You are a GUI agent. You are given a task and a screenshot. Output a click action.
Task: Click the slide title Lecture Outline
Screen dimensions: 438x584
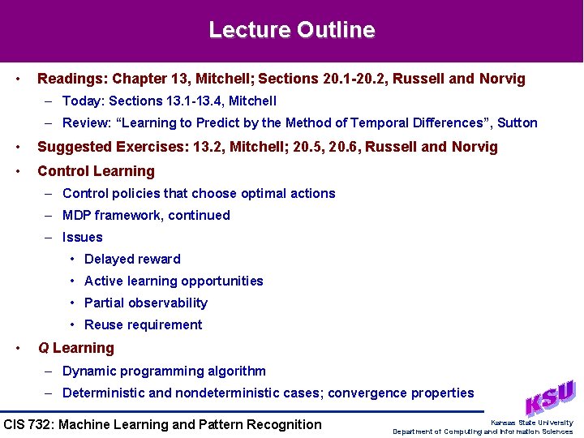point(292,31)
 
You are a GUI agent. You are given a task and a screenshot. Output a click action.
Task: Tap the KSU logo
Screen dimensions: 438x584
point(550,398)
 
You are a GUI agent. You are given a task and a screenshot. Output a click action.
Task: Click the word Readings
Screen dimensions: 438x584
point(71,79)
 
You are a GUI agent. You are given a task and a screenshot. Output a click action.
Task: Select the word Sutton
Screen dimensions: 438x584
point(517,123)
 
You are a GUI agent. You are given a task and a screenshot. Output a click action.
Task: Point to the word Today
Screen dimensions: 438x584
point(82,101)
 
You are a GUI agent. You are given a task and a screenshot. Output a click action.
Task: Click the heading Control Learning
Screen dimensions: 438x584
point(96,171)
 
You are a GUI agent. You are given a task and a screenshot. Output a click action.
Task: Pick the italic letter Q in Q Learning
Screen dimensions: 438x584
point(43,349)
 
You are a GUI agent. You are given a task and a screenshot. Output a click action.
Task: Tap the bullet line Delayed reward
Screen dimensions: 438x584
point(132,260)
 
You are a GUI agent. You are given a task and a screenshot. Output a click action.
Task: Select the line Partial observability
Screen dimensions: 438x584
point(146,303)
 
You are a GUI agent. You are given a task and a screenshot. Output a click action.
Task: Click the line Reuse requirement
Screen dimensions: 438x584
point(144,325)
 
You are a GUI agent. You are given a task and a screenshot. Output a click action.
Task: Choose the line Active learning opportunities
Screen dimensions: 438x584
point(174,281)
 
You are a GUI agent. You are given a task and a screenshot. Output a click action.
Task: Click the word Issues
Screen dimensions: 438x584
point(83,238)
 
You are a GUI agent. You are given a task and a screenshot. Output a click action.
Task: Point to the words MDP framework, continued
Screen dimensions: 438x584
point(146,216)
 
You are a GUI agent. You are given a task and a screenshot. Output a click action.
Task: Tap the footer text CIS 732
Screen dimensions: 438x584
point(28,424)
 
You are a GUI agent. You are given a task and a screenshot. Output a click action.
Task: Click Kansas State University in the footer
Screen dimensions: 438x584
point(531,423)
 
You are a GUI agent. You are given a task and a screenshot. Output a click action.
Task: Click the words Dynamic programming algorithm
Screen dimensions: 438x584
point(164,371)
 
